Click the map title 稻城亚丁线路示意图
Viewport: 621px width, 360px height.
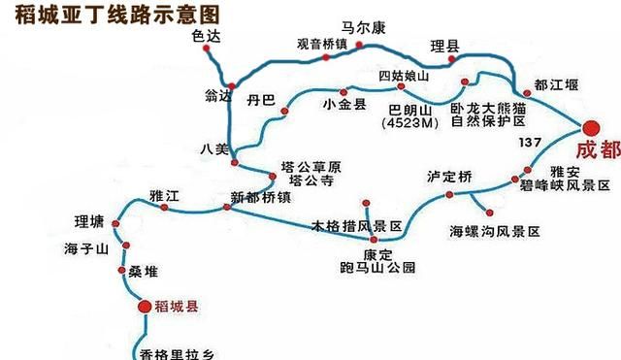[x=112, y=15]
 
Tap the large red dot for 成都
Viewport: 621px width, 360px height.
[x=592, y=128]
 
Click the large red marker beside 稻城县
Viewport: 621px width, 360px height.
[x=144, y=307]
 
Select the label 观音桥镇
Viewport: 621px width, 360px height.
[x=321, y=44]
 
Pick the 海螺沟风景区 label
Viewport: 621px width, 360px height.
[x=494, y=232]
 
